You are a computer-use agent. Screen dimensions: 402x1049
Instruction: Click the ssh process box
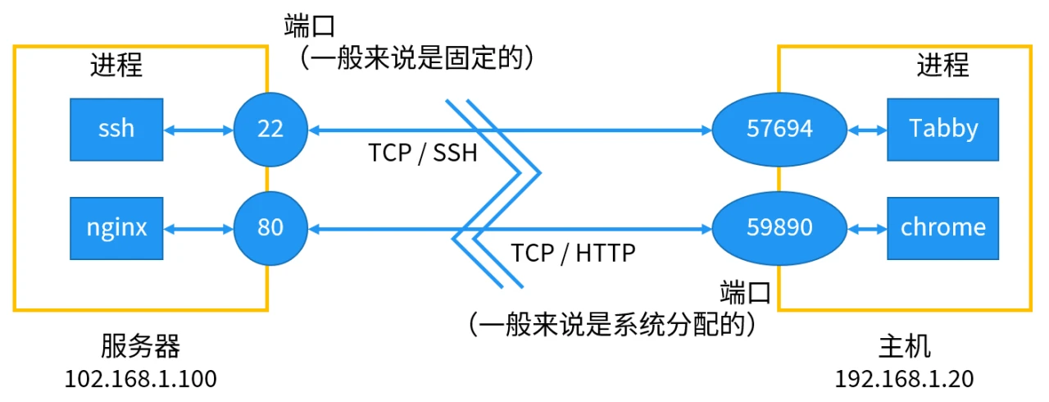tap(116, 129)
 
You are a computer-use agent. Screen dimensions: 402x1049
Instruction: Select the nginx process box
tap(116, 226)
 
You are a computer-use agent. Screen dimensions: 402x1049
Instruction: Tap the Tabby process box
tap(942, 129)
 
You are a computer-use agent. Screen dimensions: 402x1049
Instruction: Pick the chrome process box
tap(942, 226)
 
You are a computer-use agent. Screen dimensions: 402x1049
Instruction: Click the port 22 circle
tap(270, 129)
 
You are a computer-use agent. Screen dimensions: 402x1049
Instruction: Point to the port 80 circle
tap(270, 226)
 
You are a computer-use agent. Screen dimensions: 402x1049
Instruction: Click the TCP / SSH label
tap(423, 153)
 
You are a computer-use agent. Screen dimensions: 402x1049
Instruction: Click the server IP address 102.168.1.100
tap(140, 380)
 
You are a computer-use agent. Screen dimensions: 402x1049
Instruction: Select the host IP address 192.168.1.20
tap(904, 380)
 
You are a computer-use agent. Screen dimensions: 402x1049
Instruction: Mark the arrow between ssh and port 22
tap(199, 129)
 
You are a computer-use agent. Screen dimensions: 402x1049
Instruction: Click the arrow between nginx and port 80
tap(199, 227)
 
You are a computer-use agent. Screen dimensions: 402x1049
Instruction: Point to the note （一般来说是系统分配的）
tap(611, 325)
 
